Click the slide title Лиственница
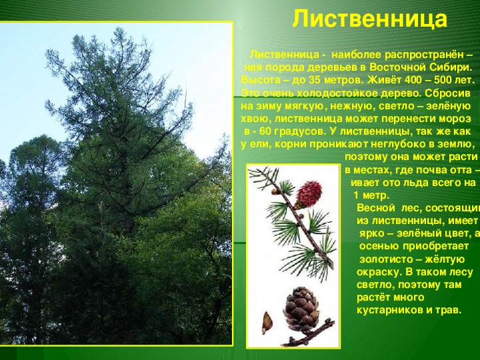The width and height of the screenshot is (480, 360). pos(370,19)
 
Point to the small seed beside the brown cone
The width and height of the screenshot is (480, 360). pos(267,323)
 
